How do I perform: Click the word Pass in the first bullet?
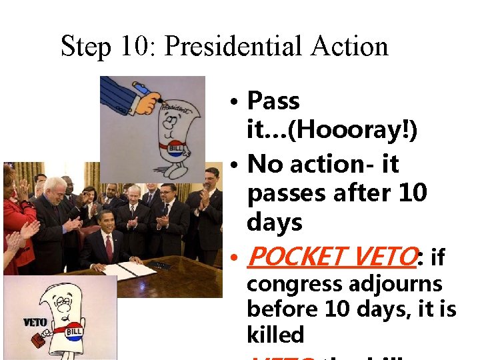[x=273, y=101]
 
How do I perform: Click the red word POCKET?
[x=297, y=255]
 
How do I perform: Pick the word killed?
[x=275, y=335]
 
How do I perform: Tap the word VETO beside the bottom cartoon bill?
[x=34, y=323]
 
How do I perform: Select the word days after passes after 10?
[x=275, y=223]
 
